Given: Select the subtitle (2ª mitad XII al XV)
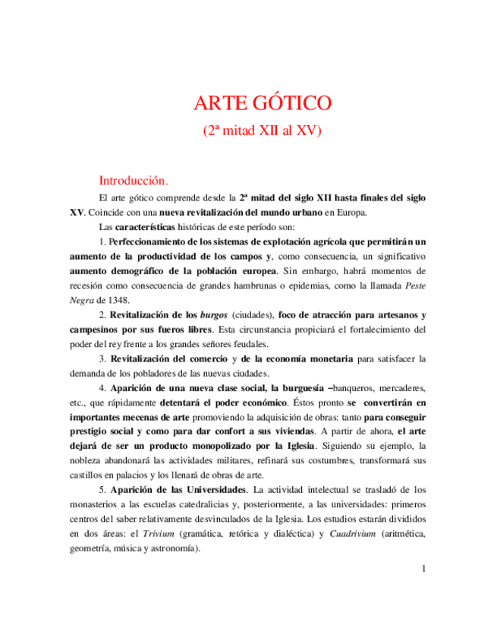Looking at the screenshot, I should tap(263, 130).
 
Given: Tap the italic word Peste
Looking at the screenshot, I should tap(414, 285).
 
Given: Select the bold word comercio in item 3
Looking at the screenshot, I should tap(210, 358).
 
